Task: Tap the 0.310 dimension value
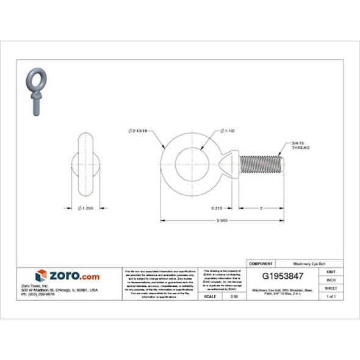(217, 207)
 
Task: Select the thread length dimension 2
(261, 207)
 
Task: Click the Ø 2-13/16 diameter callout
(139, 131)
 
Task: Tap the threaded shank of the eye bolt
(261, 165)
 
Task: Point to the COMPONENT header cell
(261, 263)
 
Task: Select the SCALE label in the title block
(209, 296)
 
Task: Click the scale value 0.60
(234, 296)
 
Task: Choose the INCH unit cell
(331, 279)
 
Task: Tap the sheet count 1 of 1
(331, 296)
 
